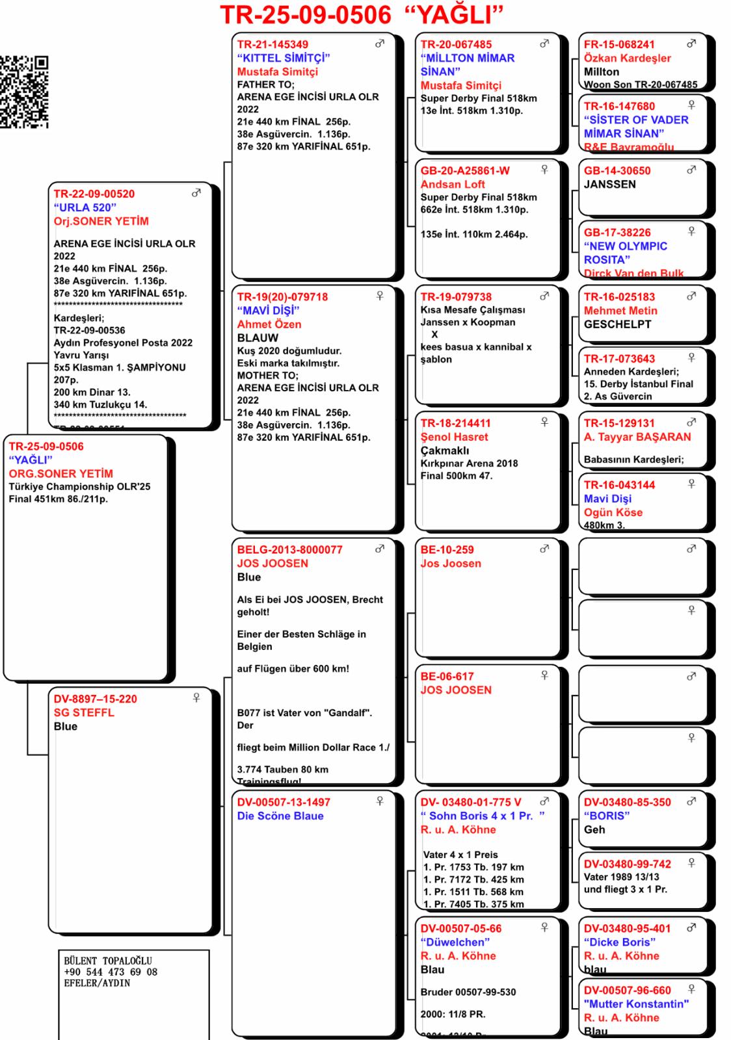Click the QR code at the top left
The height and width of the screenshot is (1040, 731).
pos(24,92)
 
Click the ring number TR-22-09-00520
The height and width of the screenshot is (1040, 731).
pos(94,194)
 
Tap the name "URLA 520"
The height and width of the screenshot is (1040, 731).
pos(85,207)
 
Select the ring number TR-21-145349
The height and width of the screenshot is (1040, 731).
pos(272,44)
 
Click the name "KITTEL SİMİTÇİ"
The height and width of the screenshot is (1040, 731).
pos(283,58)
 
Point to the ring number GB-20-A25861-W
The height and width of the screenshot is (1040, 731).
pos(465,170)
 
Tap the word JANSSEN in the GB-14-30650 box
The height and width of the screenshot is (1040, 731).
pos(609,184)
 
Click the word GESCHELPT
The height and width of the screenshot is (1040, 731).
pos(617,324)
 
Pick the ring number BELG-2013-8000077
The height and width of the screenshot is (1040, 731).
pos(289,549)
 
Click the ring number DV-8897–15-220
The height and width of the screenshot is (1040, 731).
pos(95,699)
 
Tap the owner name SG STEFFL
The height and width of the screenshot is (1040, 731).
pos(83,712)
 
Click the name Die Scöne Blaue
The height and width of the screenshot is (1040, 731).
pos(280,816)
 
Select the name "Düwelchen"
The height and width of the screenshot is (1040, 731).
pos(455,942)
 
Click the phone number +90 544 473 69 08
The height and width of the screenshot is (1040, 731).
pos(110,972)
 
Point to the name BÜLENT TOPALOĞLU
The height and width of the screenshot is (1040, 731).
pos(107,961)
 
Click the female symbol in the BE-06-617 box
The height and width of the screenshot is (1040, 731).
pos(544,675)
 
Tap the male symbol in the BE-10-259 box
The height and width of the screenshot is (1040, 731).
pos(544,549)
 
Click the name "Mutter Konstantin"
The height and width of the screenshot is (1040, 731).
pos(635,1004)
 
